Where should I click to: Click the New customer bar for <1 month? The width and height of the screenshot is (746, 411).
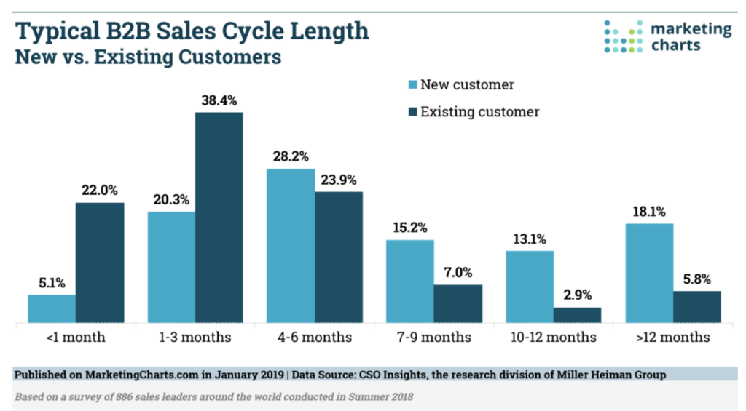[x=52, y=308]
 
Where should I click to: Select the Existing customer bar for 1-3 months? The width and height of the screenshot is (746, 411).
[x=219, y=218]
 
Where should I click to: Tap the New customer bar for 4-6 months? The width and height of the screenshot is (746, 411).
[x=291, y=246]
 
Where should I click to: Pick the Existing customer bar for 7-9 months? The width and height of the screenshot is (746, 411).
[x=458, y=303]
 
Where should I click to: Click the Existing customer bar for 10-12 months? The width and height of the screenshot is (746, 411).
[x=577, y=315]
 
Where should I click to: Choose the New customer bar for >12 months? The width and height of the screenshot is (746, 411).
[x=649, y=273]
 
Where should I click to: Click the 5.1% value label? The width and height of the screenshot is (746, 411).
[x=52, y=284]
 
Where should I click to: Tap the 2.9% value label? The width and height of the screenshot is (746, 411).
[x=577, y=295]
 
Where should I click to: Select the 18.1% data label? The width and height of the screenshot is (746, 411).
[x=649, y=212]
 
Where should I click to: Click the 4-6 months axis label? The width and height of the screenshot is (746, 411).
[x=314, y=338]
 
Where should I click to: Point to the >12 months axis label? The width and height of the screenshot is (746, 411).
[x=672, y=338]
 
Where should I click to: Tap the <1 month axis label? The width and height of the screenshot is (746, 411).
[x=75, y=338]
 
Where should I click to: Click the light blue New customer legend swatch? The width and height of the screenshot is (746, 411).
[x=412, y=85]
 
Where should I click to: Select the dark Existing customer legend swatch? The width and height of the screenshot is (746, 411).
[x=412, y=112]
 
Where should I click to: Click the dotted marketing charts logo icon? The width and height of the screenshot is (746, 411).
[x=624, y=37]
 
